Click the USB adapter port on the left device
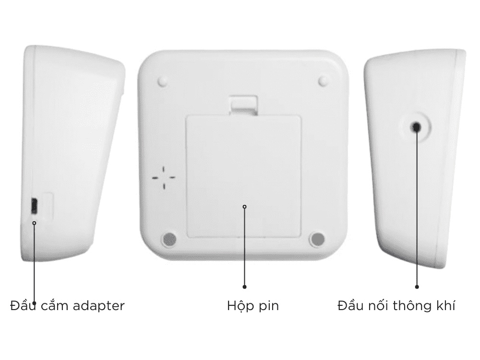pos(34,206)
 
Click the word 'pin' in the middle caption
pos(269,306)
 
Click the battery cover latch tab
pos(244,105)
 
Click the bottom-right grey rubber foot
pos(317,239)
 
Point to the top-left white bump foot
pos(163,82)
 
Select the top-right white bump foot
pos(323,81)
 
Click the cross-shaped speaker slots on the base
pos(164,178)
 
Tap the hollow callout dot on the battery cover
pos(244,206)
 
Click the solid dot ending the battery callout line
pos(244,287)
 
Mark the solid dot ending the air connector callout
pos(417,287)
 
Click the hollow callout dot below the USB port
pos(34,223)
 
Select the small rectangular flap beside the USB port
pos(47,206)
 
